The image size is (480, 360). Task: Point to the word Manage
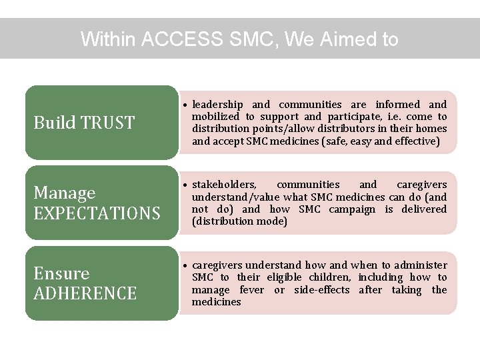point(65,193)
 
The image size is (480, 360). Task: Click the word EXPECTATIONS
point(97,213)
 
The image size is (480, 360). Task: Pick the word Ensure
point(61,273)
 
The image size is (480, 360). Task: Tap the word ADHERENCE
point(85,293)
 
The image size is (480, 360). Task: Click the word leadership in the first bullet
point(217,105)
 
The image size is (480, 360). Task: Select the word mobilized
point(215,117)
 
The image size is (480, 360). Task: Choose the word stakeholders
point(224,185)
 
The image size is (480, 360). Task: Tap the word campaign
point(352,209)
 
